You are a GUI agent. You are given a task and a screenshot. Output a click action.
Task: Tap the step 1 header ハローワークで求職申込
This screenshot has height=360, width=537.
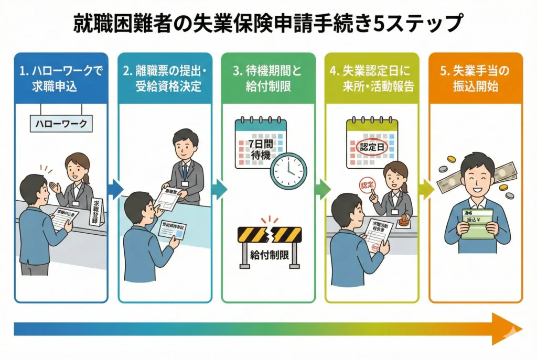60,78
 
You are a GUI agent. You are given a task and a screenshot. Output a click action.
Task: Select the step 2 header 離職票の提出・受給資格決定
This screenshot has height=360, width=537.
165,78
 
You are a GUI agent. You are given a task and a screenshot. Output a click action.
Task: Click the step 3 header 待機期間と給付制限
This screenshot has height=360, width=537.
267,78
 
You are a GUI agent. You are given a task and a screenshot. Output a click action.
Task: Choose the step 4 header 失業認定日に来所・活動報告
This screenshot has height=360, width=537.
371,78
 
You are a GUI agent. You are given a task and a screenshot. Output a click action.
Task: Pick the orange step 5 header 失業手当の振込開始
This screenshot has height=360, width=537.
475,78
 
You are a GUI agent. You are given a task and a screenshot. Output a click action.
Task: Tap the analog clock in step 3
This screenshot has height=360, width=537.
287,170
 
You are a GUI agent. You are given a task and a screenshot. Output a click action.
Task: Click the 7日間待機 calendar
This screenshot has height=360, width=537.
259,141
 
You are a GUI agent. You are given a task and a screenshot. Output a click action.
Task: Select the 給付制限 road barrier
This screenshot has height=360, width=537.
270,244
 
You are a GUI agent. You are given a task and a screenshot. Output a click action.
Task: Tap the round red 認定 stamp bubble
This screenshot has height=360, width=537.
368,184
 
